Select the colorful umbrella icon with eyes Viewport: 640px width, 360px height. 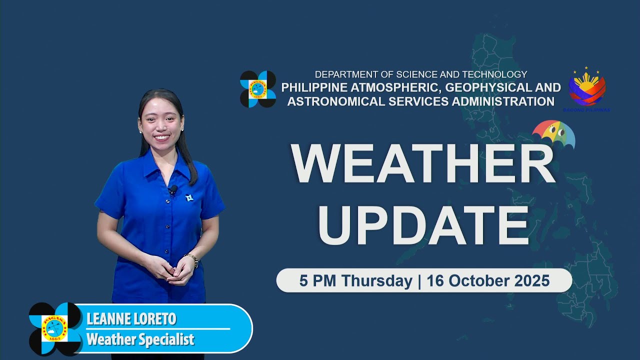(x=554, y=134)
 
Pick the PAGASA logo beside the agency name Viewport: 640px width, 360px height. (x=258, y=89)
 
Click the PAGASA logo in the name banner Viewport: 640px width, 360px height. (x=55, y=328)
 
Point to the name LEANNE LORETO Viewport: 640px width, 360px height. (x=131, y=319)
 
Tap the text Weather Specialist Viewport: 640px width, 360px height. (x=140, y=340)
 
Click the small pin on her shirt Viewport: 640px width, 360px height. (x=189, y=198)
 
